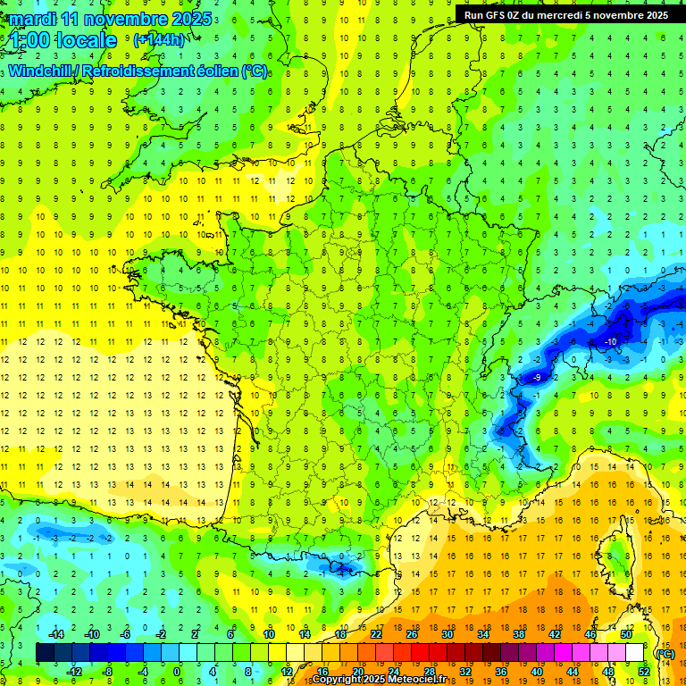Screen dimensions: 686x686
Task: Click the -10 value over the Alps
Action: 612,342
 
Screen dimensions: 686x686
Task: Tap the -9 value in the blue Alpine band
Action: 537,378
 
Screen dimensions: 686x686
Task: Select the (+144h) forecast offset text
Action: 159,39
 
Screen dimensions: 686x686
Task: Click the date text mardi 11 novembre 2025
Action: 111,18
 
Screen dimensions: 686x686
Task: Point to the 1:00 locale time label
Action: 64,40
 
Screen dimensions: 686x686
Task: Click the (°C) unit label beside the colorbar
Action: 665,653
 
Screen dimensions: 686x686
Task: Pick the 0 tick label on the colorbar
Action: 177,671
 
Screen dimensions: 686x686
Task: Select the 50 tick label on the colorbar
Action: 624,634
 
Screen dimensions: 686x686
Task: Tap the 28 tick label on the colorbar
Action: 429,671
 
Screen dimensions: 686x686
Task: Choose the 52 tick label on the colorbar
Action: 644,671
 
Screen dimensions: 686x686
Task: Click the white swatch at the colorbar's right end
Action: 634,653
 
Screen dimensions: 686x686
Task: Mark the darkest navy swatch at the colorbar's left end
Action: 45,653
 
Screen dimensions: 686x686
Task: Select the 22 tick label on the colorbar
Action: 375,634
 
